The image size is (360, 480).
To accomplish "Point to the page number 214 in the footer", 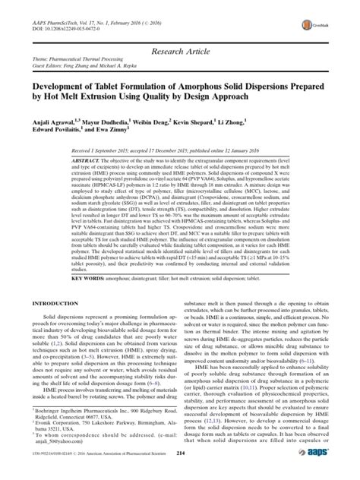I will [179, 472].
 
